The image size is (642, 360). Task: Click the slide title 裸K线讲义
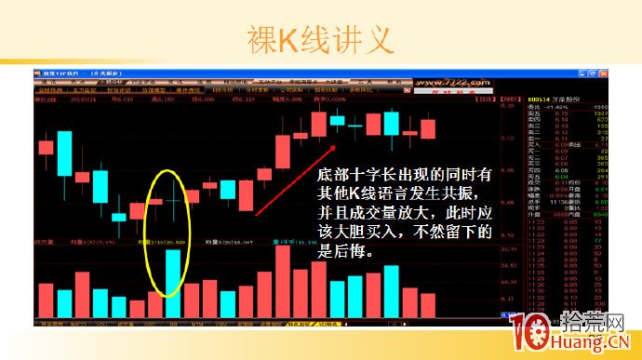(320, 39)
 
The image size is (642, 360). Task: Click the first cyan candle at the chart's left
(64, 153)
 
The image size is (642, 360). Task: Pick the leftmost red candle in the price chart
(45, 146)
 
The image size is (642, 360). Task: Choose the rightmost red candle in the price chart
(429, 130)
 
